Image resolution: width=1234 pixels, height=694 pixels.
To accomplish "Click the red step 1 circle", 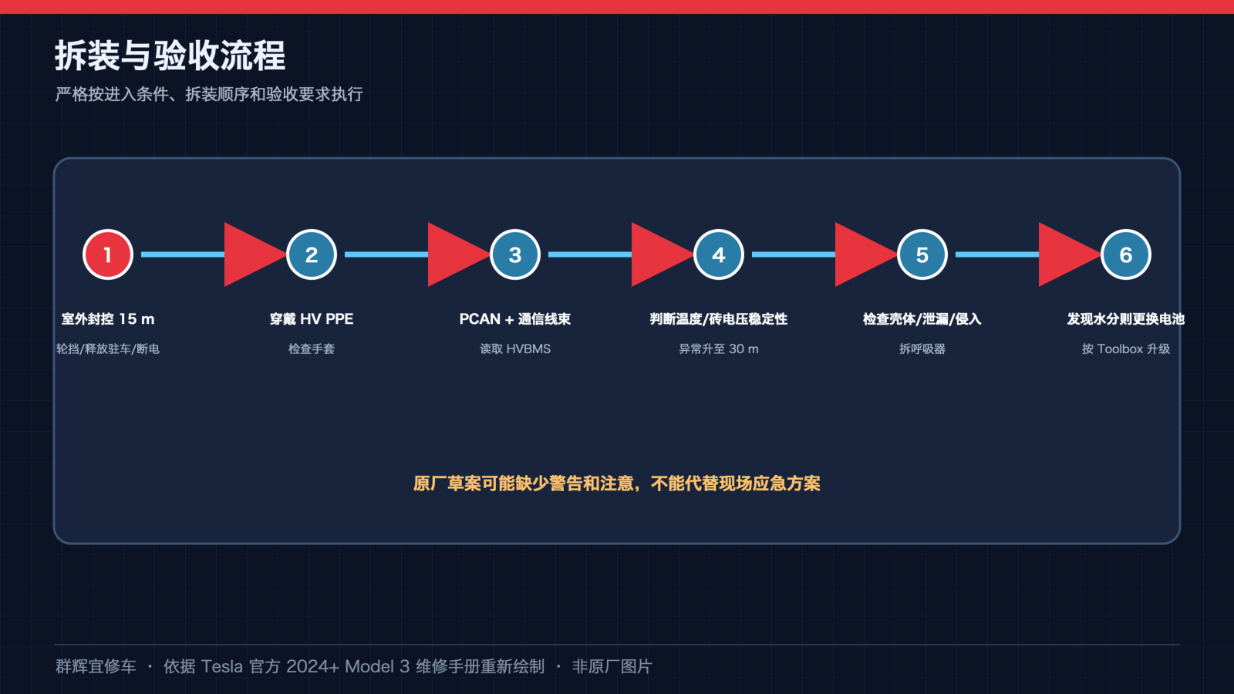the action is (x=108, y=254).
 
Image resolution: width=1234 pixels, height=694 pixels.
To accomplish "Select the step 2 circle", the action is (x=312, y=254).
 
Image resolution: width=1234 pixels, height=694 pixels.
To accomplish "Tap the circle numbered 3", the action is (x=515, y=254).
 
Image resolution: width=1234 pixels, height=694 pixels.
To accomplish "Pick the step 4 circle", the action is (x=718, y=254).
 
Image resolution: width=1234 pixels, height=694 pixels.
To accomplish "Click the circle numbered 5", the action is (x=922, y=254).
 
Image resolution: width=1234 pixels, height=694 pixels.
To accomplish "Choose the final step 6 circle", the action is (x=1125, y=254).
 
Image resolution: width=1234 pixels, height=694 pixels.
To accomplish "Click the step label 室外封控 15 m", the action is (x=108, y=319).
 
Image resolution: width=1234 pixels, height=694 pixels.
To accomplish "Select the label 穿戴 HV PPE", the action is (x=312, y=319).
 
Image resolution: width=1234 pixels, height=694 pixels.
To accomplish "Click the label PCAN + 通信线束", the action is (x=515, y=319).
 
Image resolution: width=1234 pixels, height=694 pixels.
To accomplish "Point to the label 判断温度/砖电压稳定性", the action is (x=718, y=319).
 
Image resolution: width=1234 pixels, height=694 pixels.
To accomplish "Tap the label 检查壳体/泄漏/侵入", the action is (x=922, y=319).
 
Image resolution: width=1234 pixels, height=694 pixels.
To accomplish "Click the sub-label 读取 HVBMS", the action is (x=515, y=349).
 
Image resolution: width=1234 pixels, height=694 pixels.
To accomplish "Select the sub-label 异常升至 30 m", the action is (x=718, y=349).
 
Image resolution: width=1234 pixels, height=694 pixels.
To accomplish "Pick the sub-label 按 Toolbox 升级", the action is (x=1125, y=349).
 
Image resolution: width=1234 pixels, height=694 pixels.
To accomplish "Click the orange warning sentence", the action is (x=617, y=483).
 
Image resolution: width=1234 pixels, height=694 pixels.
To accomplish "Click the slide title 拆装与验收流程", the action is (x=170, y=56).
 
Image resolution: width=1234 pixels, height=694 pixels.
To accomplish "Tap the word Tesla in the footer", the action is (x=221, y=666).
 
